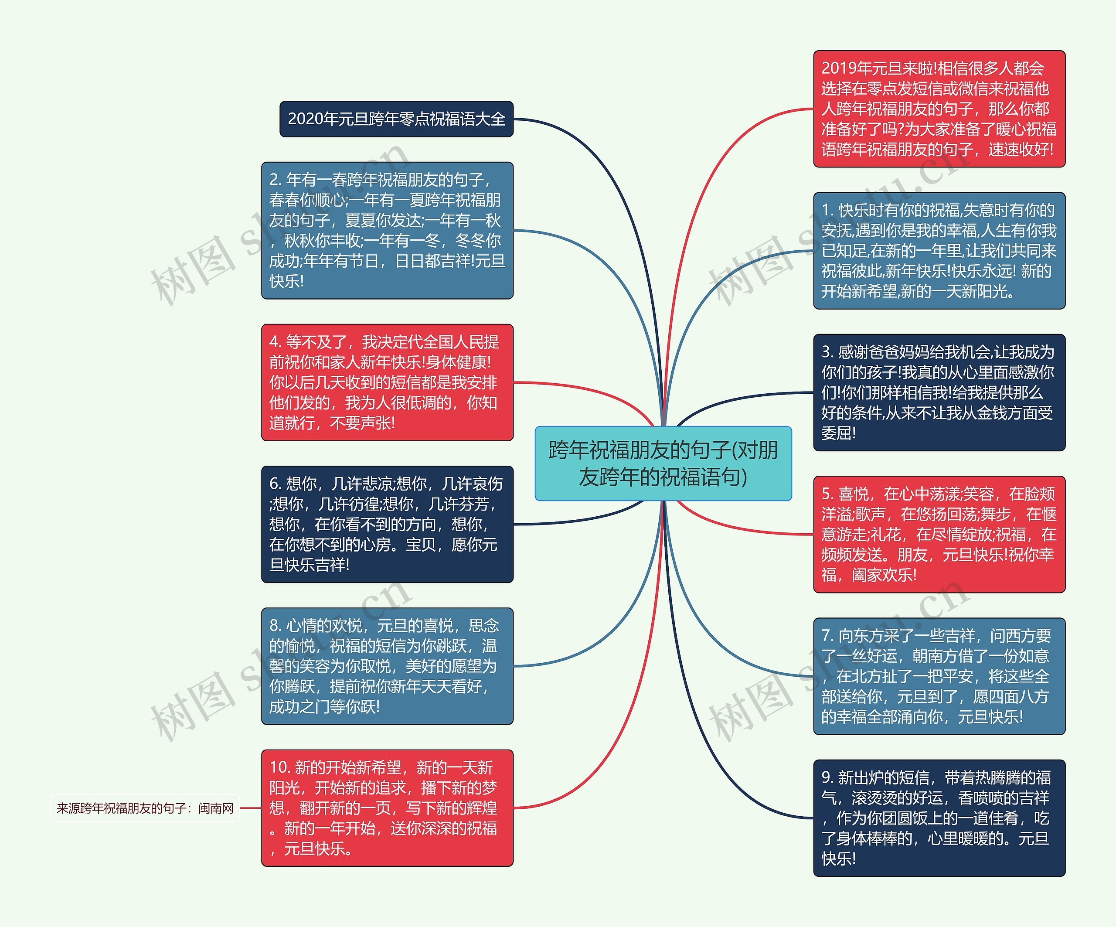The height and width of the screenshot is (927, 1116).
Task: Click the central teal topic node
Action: click(663, 463)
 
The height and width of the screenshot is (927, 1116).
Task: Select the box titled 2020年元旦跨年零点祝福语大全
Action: click(396, 119)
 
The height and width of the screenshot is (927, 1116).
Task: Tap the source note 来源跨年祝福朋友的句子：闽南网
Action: click(145, 808)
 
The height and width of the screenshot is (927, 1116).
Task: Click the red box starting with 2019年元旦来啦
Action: click(939, 109)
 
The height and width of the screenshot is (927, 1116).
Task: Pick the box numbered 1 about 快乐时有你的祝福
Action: click(939, 250)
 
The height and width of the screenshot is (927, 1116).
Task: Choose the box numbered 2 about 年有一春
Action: click(388, 230)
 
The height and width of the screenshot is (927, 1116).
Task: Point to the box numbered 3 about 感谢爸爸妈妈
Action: click(939, 392)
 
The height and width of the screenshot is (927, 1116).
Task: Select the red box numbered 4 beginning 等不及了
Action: click(388, 382)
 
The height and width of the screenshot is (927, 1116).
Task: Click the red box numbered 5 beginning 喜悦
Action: click(939, 534)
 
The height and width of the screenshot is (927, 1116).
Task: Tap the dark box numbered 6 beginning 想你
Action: click(388, 524)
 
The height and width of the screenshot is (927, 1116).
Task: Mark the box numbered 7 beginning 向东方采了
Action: click(939, 676)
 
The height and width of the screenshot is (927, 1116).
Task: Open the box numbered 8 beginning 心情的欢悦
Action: click(388, 666)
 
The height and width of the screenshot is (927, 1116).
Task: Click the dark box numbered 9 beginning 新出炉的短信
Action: click(939, 818)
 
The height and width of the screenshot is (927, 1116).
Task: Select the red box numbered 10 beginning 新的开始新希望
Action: click(388, 808)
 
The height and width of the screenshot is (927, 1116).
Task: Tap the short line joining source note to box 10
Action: click(251, 808)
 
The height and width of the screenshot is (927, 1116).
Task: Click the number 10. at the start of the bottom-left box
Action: click(279, 767)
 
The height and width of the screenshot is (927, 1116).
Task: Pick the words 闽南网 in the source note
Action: click(216, 808)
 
